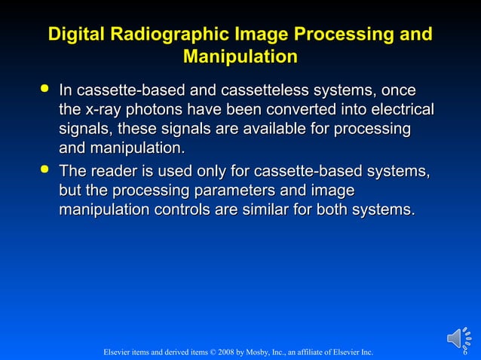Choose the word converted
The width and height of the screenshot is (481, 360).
tap(306, 110)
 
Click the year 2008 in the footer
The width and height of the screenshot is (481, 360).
tap(223, 352)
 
